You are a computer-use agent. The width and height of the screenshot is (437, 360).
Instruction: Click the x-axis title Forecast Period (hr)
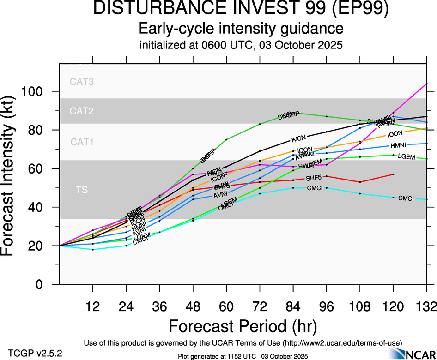click(x=242, y=326)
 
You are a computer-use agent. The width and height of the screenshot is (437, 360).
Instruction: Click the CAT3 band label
click(x=82, y=82)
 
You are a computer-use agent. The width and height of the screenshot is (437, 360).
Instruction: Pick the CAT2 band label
click(x=82, y=111)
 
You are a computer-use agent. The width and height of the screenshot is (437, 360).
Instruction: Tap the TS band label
click(x=82, y=190)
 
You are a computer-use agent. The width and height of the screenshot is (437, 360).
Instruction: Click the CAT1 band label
click(x=82, y=142)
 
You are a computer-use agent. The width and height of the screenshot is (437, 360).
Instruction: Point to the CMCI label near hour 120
click(x=406, y=198)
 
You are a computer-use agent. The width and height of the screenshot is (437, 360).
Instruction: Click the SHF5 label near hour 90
click(x=313, y=178)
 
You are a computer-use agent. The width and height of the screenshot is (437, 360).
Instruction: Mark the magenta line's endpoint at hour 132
click(x=426, y=84)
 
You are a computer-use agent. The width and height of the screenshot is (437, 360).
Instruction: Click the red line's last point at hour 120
click(x=393, y=174)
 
